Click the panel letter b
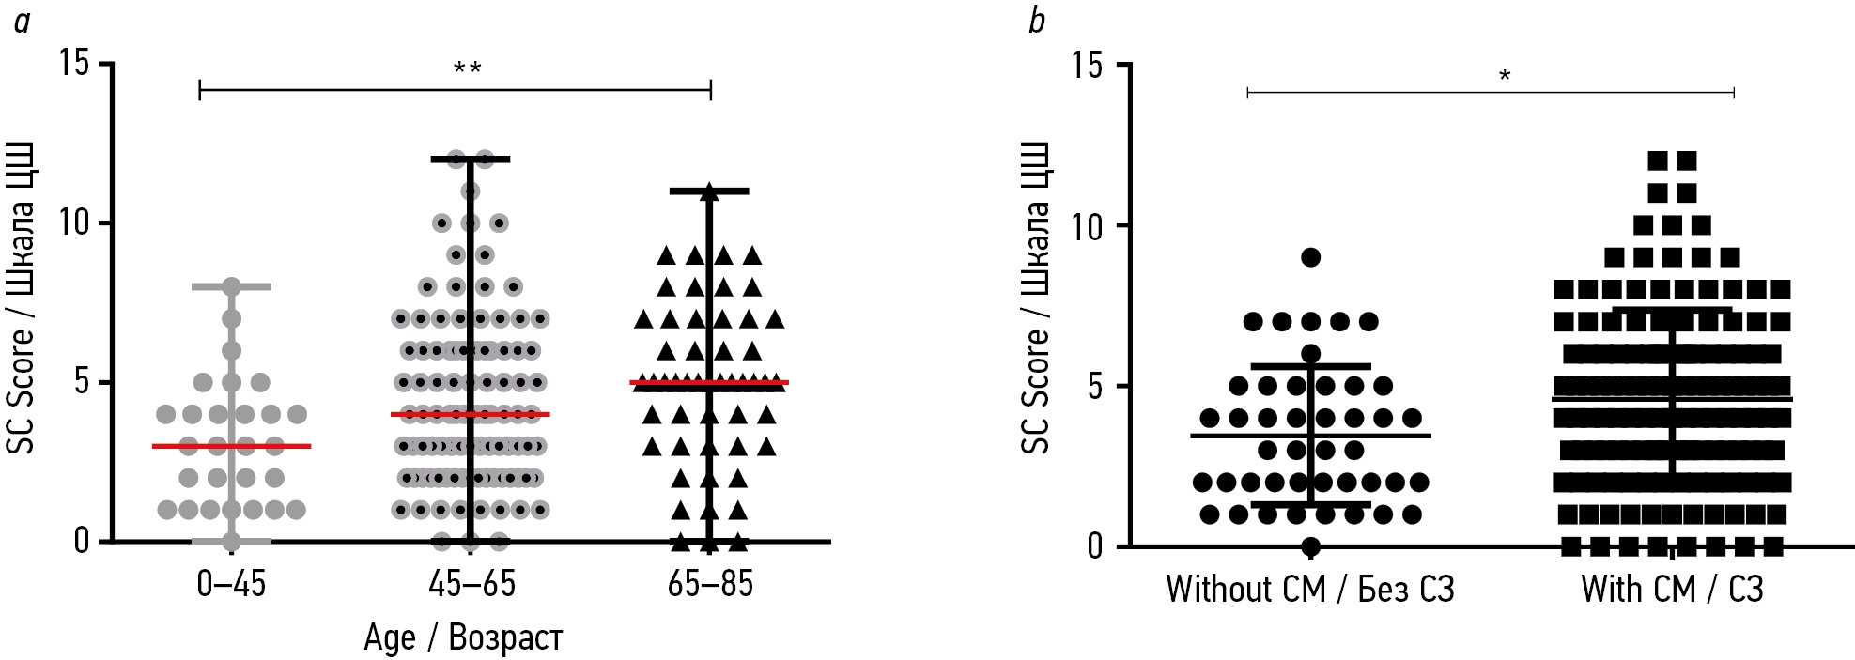coord(1037,21)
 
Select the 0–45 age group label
coord(231,585)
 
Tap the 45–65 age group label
coord(471,585)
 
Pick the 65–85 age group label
coord(710,585)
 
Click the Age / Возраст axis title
coord(463,638)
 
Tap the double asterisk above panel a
coord(467,69)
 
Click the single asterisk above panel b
coord(1505,76)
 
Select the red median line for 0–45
coord(231,446)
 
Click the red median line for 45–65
coord(471,414)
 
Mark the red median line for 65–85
coord(710,383)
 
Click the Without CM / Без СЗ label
coord(1310,590)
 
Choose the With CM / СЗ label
coord(1672,590)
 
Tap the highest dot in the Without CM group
coord(1311,257)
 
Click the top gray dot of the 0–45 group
coord(232,287)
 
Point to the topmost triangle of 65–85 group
coord(709,192)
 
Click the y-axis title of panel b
coord(1036,299)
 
